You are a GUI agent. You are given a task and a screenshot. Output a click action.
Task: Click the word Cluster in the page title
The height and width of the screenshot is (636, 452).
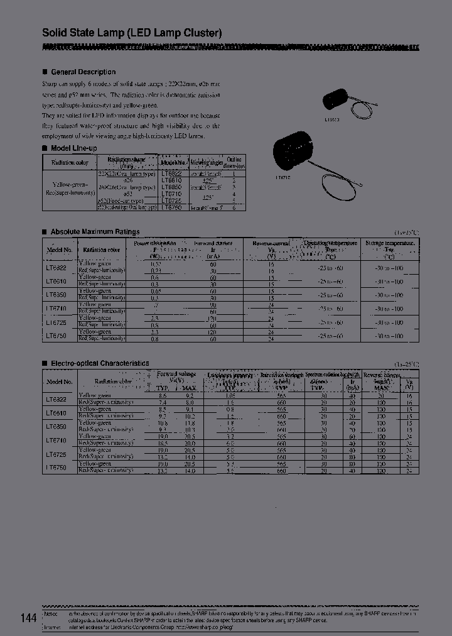click(198, 33)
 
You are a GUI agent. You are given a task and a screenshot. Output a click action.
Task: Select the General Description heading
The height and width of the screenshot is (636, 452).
click(83, 72)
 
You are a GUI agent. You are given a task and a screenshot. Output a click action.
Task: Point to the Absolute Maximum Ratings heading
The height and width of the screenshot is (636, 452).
click(95, 231)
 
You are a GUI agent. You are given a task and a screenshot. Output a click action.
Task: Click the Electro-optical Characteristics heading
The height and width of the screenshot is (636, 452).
click(100, 363)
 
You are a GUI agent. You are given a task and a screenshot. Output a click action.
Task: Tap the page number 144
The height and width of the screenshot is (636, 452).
click(28, 618)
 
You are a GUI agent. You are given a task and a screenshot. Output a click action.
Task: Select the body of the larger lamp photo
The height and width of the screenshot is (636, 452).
click(293, 149)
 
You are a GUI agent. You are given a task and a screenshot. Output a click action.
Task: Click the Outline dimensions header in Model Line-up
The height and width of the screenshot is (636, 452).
click(234, 162)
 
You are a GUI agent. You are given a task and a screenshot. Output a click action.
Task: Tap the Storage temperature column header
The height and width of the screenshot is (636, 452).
click(389, 248)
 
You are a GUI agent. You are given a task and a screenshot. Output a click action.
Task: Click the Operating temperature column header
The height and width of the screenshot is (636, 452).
click(330, 248)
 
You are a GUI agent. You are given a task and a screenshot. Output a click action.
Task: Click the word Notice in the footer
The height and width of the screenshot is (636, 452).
click(50, 613)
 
